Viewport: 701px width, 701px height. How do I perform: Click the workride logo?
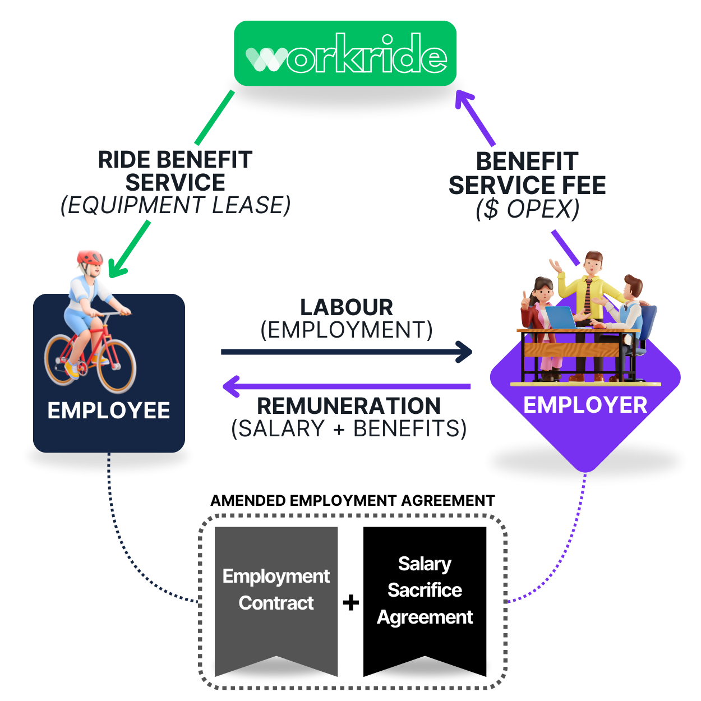348,54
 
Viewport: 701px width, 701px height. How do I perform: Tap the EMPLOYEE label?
109,411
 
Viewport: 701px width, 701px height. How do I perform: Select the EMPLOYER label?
585,405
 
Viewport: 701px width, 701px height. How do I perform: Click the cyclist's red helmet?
90,258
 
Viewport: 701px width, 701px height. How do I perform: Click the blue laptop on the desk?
561,317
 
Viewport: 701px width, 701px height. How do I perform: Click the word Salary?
425,564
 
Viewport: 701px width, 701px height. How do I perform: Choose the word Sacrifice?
425,590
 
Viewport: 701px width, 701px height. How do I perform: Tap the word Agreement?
425,617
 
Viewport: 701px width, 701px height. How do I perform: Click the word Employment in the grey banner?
276,576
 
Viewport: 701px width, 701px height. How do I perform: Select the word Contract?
276,603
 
